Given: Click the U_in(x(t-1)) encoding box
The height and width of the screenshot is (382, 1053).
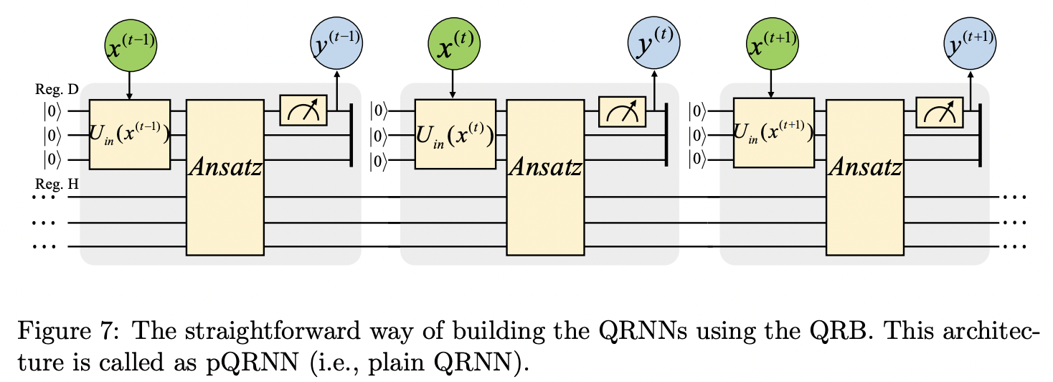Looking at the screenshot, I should coord(129,134).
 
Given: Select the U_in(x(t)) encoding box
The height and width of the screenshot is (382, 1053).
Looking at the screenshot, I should coord(453,134).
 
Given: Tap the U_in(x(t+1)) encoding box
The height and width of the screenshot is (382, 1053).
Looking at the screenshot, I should coord(772,134).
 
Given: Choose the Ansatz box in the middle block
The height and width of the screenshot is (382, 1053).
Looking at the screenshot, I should coord(544,177).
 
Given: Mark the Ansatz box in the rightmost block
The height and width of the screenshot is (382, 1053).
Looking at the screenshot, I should coord(864,177).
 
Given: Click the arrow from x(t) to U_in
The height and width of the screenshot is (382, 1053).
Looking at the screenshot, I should coord(453,85).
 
